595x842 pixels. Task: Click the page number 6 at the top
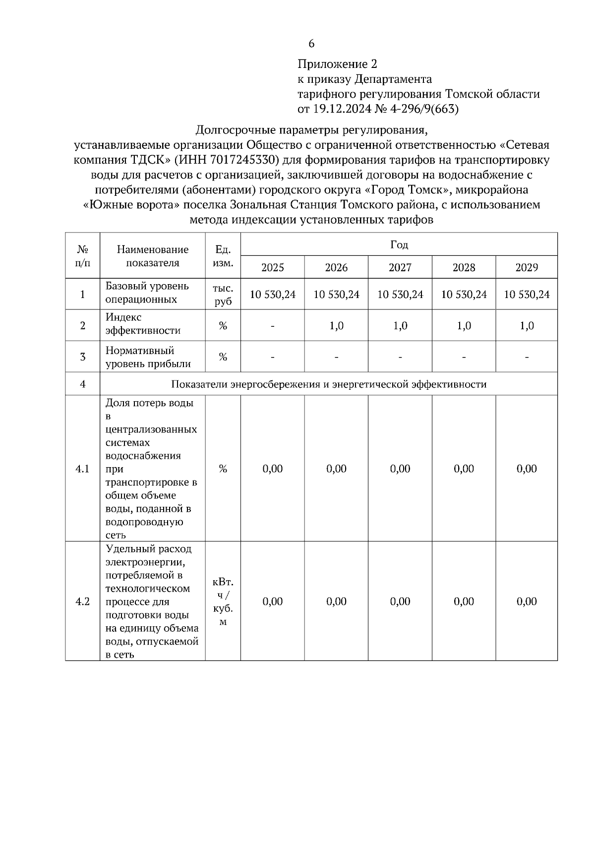311,44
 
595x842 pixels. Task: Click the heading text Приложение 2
337,64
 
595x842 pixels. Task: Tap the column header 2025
272,268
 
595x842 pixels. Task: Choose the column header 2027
400,268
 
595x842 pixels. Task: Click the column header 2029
526,268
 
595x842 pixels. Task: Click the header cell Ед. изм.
223,256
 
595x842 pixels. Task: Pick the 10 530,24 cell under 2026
336,295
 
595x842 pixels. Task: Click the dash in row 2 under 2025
272,326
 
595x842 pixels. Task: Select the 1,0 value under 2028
464,326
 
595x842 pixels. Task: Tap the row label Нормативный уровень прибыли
148,357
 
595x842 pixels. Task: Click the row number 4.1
82,469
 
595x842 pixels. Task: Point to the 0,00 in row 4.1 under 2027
400,469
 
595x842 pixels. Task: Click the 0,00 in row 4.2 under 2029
526,601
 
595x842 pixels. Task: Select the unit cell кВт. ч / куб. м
223,601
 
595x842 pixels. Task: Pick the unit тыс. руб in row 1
223,295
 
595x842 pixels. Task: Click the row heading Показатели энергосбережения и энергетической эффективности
328,384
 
